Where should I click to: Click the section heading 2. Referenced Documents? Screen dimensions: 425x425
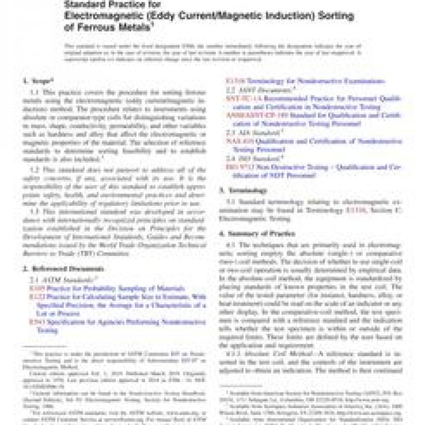coord(64,269)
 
